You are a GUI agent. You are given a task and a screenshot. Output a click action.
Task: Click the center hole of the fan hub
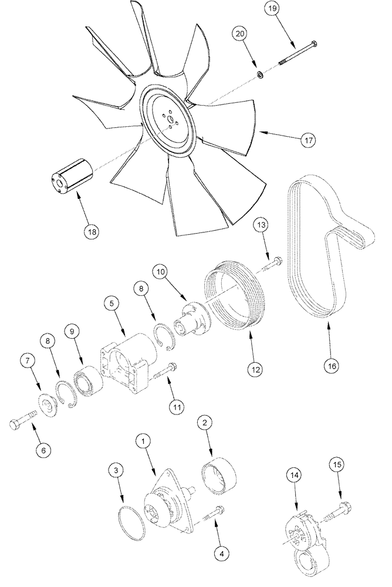169,123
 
